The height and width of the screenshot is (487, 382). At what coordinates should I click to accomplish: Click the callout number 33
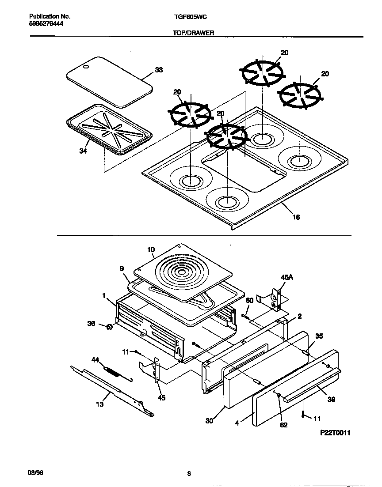click(159, 70)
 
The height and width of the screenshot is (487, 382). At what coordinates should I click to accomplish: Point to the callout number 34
click(83, 151)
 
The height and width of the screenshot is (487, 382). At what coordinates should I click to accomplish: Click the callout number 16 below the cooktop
click(296, 217)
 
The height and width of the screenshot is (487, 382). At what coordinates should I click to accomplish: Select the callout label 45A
click(287, 278)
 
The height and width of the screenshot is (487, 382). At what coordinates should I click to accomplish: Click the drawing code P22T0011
click(335, 433)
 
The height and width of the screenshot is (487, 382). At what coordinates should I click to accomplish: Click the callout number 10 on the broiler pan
click(151, 250)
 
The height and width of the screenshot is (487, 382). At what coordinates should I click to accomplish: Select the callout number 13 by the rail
click(100, 404)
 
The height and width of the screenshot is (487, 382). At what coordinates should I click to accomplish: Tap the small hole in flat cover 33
click(86, 67)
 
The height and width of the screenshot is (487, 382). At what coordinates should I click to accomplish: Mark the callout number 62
click(283, 425)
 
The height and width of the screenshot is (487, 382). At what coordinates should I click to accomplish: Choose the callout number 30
click(209, 421)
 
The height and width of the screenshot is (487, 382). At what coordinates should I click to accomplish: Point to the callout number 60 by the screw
click(249, 301)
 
